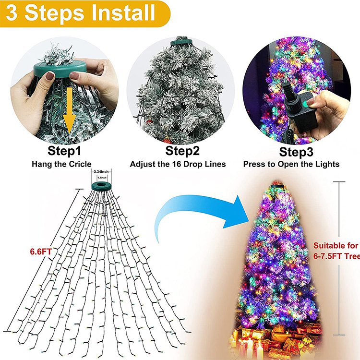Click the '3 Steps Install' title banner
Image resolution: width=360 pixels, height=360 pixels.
point(82,13)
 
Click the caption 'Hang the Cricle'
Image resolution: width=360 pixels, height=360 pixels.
point(61,164)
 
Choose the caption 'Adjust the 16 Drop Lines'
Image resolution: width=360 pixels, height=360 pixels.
point(178,164)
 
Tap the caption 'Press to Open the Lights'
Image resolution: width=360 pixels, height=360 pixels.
point(291,164)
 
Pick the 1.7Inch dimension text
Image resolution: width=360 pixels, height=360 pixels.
point(102,177)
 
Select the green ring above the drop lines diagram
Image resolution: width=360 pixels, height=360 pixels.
point(102,185)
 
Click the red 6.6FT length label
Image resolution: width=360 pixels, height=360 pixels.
point(41,251)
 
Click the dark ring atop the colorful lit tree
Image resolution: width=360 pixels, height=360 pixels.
point(276,185)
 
